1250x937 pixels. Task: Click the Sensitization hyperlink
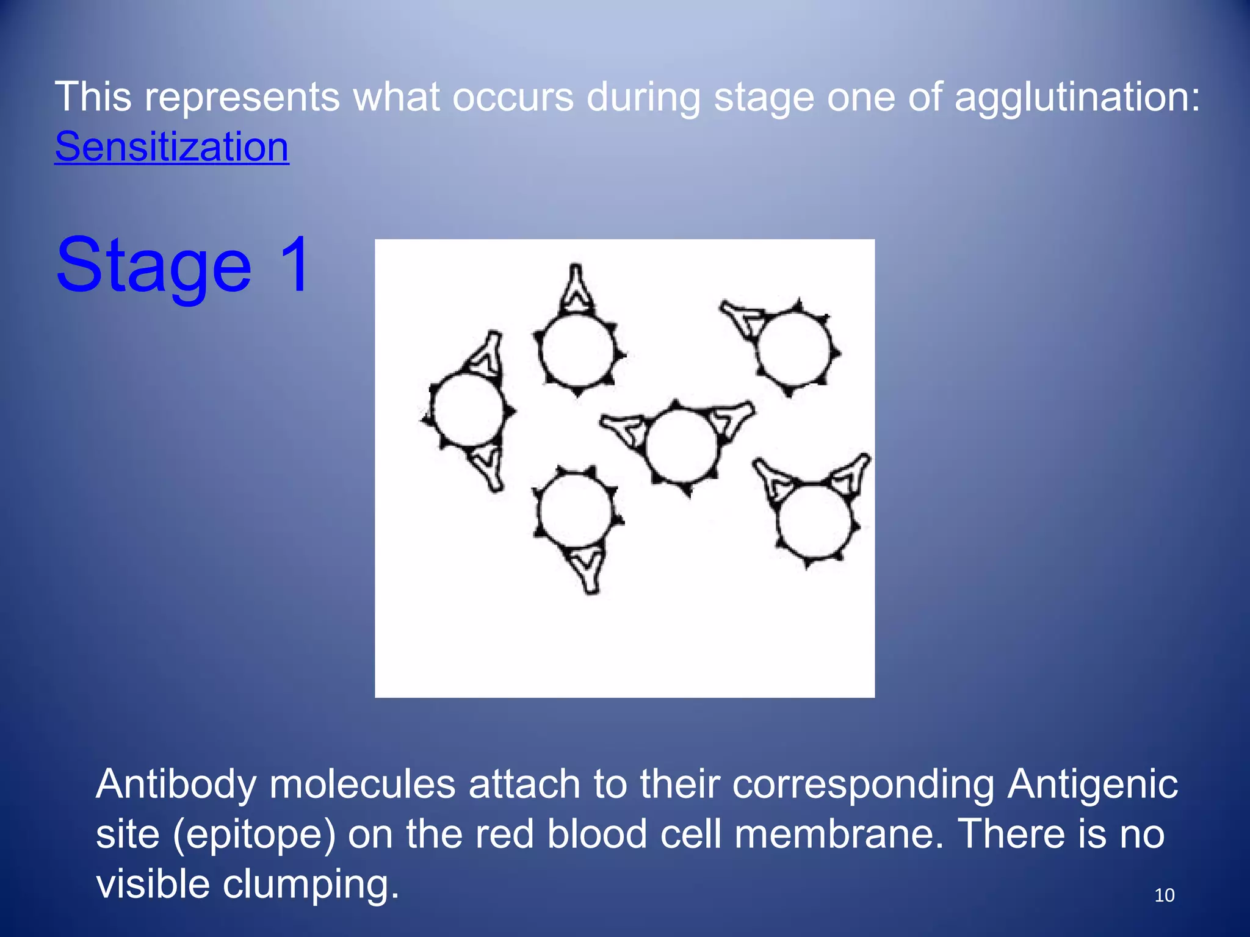172,147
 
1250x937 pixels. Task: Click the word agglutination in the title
1077,97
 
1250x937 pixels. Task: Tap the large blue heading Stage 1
184,266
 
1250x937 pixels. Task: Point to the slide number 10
1164,895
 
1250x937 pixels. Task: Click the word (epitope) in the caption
255,834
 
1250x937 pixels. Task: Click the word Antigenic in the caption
1093,784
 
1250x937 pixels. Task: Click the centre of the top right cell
794,349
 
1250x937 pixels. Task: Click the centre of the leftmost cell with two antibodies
468,410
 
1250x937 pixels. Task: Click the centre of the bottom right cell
815,520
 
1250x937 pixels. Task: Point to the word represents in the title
242,97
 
